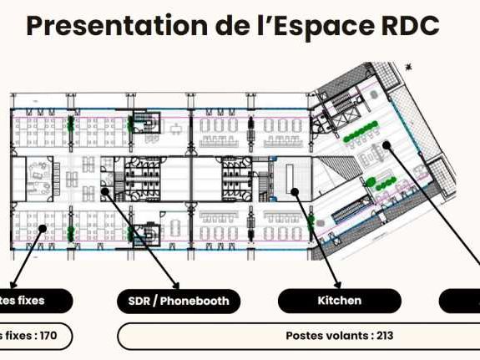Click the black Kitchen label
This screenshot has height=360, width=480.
340,301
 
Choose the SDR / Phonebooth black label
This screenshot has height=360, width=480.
179,301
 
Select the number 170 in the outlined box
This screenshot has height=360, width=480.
47,336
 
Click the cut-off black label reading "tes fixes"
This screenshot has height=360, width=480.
33,301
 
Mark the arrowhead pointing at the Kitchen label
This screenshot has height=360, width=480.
338,285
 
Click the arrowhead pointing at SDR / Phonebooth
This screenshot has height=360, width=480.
175,285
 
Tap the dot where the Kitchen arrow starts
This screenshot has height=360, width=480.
295,191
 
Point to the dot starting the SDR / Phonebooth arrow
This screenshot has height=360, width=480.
105,191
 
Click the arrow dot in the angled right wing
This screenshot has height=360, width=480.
387,145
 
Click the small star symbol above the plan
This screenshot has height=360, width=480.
408,65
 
